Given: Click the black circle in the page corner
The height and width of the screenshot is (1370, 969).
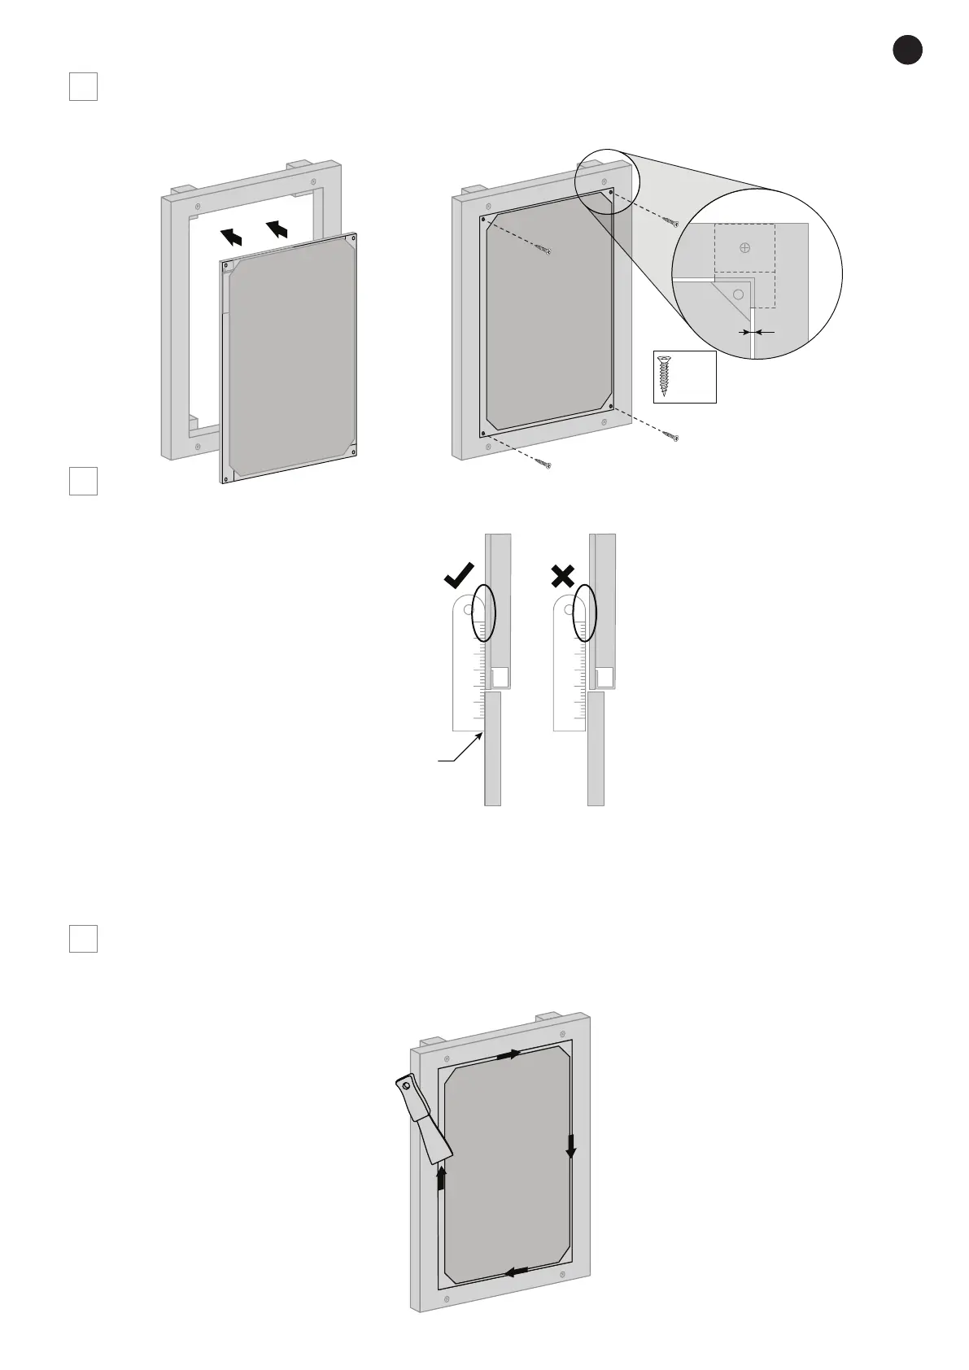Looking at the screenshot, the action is tap(907, 50).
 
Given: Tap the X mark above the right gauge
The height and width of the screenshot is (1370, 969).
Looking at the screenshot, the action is tap(563, 577).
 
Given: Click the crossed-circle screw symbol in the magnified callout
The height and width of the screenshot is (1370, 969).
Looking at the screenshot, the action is tap(745, 249).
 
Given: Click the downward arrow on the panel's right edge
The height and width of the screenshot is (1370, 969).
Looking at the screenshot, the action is tap(570, 1145).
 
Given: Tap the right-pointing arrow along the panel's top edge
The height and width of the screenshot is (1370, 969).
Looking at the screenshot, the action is tap(509, 1054).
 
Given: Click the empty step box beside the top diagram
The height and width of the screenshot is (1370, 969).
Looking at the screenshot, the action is tap(83, 87).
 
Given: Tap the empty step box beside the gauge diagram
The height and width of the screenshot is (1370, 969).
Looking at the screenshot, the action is tap(83, 481).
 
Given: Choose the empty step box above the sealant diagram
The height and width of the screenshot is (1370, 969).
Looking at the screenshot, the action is tap(83, 938).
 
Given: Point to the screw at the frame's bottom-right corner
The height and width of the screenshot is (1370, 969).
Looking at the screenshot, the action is tap(671, 437).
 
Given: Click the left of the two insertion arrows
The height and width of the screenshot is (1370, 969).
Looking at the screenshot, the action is tap(232, 236).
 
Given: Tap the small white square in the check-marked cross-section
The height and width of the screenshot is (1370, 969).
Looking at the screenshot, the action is tap(500, 676).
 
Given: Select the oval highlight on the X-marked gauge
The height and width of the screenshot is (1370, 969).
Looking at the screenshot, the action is tap(585, 613).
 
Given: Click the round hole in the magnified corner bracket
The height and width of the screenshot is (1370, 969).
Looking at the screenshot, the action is tap(739, 294).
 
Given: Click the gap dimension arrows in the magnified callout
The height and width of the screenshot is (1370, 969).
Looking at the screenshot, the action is tap(754, 332).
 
